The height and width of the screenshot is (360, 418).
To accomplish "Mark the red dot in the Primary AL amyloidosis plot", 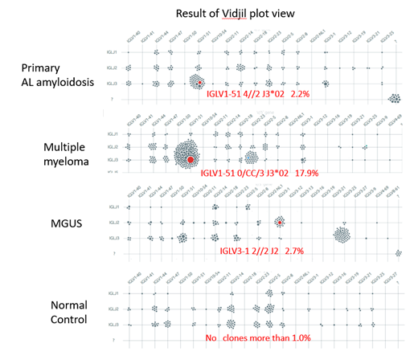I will tap(199, 82).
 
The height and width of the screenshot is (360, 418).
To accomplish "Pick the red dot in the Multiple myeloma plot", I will tap(190, 160).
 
